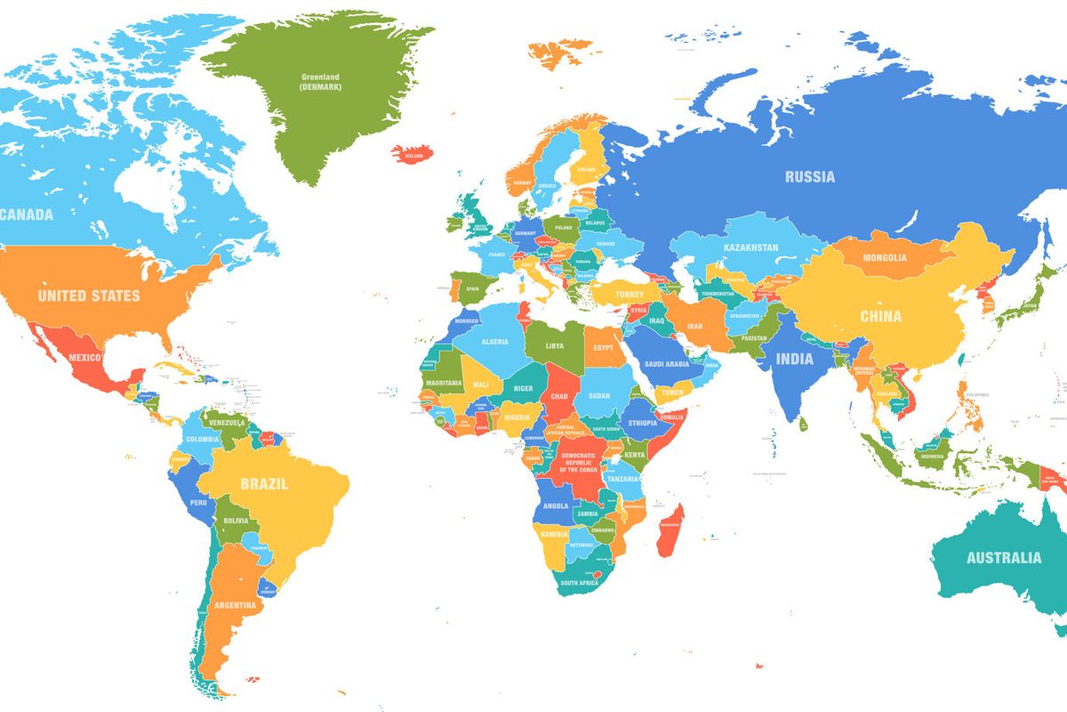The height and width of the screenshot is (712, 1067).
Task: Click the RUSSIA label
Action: point(809,176)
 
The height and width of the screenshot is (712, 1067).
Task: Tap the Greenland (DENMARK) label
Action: point(320,82)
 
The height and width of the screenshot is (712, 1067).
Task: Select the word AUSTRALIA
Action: point(1003,558)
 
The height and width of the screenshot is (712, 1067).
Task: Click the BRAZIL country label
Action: point(264,484)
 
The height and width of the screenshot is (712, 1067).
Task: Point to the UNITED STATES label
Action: point(89,295)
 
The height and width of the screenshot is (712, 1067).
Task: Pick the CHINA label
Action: point(880,316)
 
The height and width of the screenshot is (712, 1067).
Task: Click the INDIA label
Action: point(794,359)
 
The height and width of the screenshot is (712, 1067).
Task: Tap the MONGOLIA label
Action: point(885,257)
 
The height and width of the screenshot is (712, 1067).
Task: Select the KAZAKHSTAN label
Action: point(750,247)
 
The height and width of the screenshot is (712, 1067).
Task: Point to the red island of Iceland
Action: point(413,153)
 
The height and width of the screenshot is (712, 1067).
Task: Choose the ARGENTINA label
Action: point(235,605)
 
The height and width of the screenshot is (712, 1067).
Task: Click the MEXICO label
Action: point(85,358)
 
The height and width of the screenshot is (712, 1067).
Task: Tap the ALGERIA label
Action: point(494,342)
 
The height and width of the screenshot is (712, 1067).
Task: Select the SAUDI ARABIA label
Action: point(666,363)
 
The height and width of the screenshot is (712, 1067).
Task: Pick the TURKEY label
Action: point(628,294)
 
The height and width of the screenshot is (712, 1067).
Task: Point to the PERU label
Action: point(200,503)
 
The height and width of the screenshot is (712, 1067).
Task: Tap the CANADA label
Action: point(27,214)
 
